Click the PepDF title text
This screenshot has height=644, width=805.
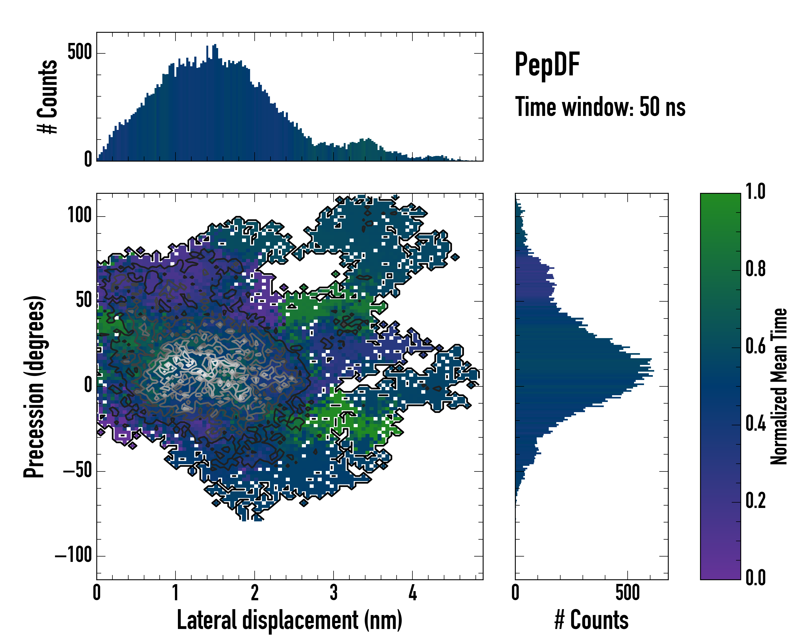(x=547, y=65)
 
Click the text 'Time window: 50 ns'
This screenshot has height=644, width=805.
(x=600, y=107)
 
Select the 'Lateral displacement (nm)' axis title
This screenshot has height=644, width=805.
(x=289, y=620)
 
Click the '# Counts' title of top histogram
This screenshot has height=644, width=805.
(x=48, y=97)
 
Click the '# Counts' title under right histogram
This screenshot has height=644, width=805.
(x=591, y=620)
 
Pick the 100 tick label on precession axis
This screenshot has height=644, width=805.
(x=79, y=216)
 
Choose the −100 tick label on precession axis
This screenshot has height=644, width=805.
(x=74, y=555)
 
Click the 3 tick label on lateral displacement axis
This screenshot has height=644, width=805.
(x=334, y=593)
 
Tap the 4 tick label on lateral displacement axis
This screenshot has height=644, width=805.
(x=413, y=593)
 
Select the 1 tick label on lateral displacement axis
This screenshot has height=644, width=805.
(x=175, y=593)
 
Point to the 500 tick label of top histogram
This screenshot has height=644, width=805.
(x=79, y=53)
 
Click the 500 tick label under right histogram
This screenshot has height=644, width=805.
(x=627, y=593)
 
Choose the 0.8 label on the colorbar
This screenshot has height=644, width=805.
(x=755, y=269)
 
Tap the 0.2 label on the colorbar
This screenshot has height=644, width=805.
(x=755, y=501)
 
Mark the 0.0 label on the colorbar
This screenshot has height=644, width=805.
(x=755, y=578)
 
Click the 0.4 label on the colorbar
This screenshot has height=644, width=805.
(x=755, y=424)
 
